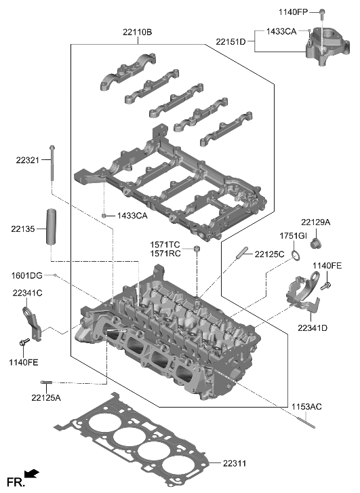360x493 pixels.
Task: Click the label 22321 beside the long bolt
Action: [28, 160]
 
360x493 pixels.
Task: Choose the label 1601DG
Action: [27, 275]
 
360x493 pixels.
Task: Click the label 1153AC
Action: [307, 407]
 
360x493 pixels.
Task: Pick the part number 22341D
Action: [312, 328]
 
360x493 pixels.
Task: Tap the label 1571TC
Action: [165, 244]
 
